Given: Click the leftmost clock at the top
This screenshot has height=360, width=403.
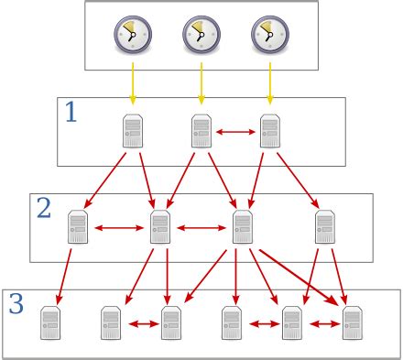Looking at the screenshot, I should point(132,35).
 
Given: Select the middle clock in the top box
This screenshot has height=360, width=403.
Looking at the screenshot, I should point(201,35).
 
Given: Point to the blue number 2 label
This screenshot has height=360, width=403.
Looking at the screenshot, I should point(43,209).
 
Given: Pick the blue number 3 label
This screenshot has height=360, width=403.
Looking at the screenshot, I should point(16,303).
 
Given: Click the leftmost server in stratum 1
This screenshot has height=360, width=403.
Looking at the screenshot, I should point(133,132).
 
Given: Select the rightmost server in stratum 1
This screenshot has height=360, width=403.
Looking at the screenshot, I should point(269,132).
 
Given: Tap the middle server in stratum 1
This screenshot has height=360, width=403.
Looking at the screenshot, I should point(201,132).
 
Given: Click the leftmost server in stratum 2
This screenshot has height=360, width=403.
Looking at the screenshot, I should point(78,225).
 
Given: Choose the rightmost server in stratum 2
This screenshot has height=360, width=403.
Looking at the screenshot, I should point(324,225).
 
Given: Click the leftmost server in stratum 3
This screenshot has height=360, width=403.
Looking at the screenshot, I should point(50,322).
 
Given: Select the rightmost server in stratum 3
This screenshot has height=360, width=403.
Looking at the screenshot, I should point(352,322).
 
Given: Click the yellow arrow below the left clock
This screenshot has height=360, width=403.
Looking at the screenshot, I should point(132,84).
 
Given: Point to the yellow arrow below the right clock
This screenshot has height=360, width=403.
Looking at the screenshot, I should point(269,84).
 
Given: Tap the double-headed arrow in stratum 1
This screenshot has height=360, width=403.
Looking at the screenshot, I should point(235,133).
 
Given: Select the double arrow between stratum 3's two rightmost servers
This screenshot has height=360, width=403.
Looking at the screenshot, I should point(321,323).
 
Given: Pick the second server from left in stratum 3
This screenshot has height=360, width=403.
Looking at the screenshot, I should point(111,322).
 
